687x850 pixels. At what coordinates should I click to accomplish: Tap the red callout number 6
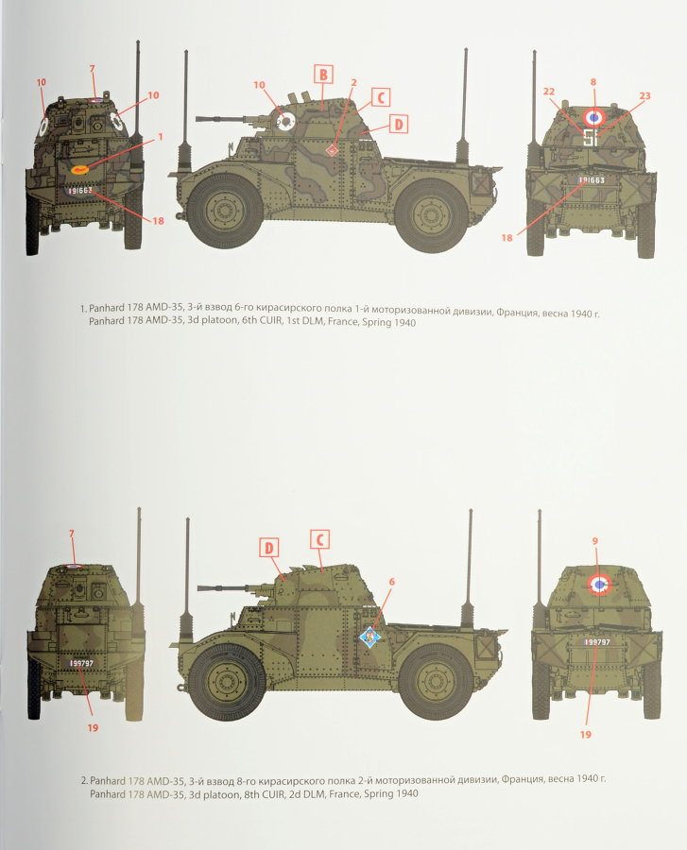tap(392, 582)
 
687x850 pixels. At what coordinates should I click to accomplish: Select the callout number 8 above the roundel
tap(593, 82)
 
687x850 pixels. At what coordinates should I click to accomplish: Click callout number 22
tap(547, 91)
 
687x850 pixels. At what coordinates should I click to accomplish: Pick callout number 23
tap(644, 94)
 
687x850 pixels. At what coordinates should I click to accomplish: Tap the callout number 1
tap(161, 136)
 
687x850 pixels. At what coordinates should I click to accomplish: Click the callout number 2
tap(353, 82)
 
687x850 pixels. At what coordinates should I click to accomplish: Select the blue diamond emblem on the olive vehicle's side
tap(369, 637)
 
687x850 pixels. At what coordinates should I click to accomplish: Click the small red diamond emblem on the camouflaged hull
tap(333, 151)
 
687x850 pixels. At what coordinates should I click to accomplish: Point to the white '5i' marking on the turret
tap(591, 139)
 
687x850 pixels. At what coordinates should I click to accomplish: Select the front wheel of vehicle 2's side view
tap(225, 680)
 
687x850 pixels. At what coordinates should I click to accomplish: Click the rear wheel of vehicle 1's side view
tap(432, 212)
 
